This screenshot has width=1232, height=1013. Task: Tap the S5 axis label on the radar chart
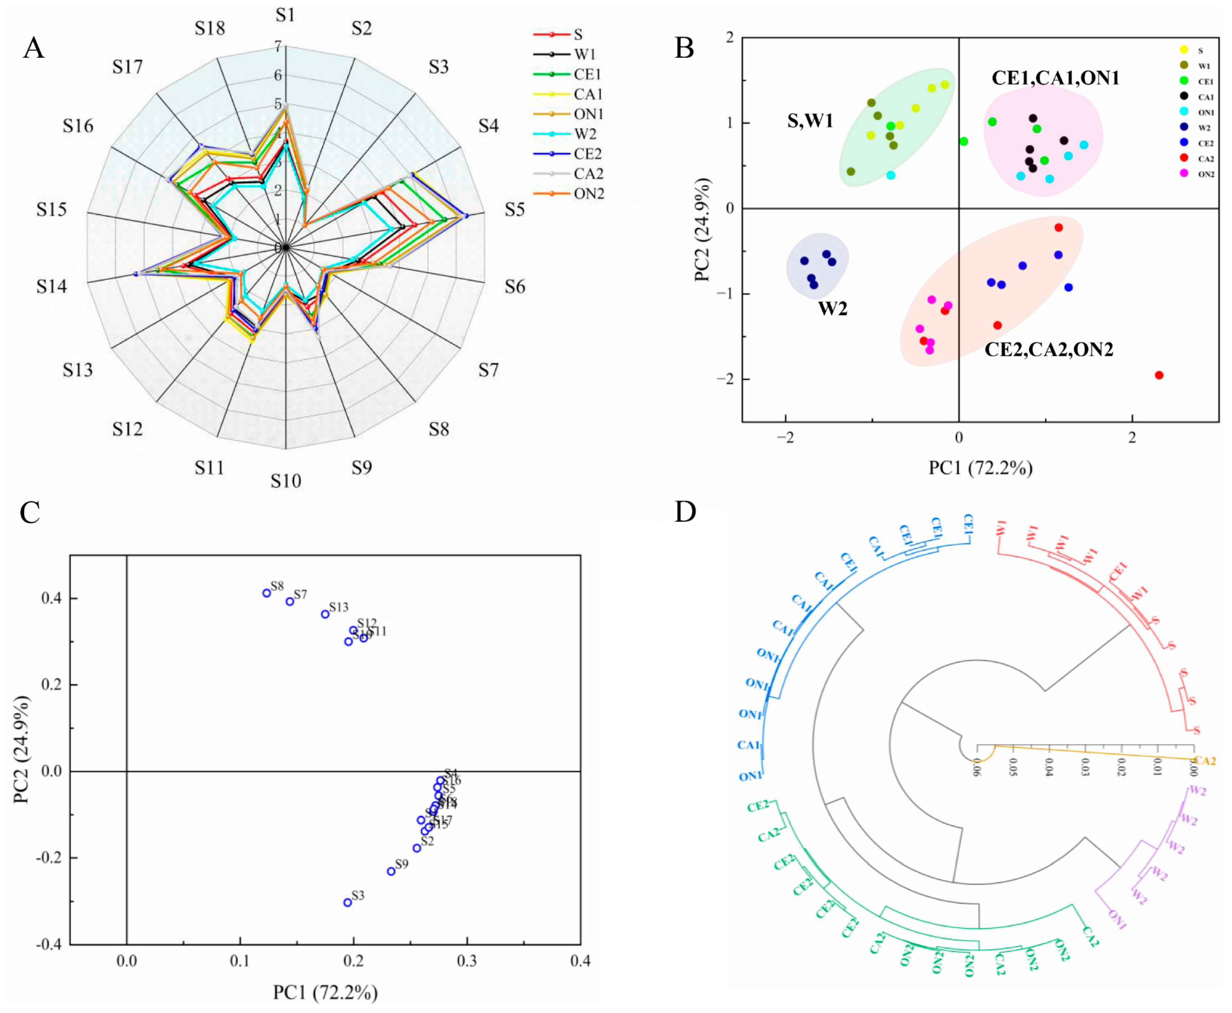coord(515,209)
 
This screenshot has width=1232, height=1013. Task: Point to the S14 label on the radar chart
coord(51,286)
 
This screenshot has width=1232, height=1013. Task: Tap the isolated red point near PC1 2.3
coord(1159,375)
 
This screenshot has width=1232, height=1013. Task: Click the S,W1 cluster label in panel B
coord(810,121)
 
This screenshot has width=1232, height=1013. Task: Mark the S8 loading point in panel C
coord(266,593)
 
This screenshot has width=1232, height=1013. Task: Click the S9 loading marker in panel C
coord(391,871)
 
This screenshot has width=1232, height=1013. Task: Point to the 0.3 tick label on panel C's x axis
coord(467,961)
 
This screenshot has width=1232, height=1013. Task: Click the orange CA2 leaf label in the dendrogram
coord(1205,761)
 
